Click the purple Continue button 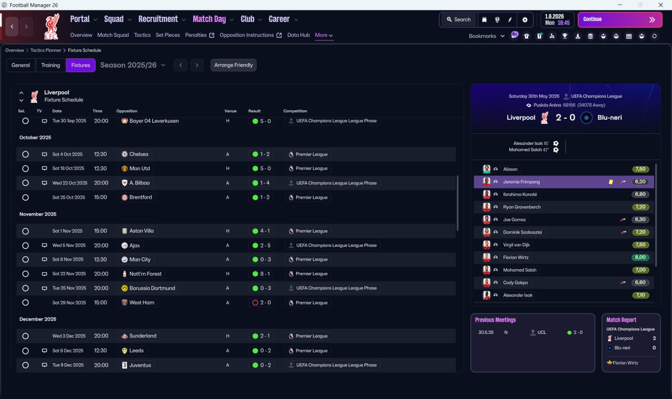coord(620,19)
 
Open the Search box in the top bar coord(459,19)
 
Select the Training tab coord(50,65)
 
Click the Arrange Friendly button coord(234,65)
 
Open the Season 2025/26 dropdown coord(133,65)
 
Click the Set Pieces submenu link coord(167,35)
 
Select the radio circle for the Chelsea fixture coord(26,154)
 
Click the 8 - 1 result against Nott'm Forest coord(265,274)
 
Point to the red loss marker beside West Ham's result coord(255,303)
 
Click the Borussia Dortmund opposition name coord(152,288)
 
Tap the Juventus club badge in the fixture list coord(124,365)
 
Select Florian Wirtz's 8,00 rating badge coord(640,257)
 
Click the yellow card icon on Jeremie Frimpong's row coord(611,182)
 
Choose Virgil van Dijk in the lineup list coord(516,245)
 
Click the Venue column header coord(230,111)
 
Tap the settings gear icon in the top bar coord(524,20)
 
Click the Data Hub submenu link coord(299,35)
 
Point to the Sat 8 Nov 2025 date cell coord(68,259)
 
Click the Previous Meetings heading coord(495,320)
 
